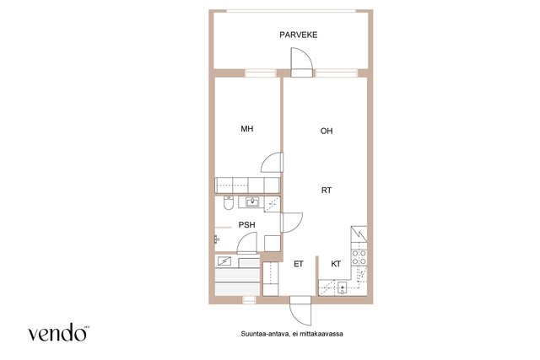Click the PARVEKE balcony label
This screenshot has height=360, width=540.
coord(298,35)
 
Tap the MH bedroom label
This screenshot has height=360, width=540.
coord(247,129)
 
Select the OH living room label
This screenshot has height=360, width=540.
coord(327,131)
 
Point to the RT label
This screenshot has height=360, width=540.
coord(327,190)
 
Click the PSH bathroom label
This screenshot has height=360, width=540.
coord(247,225)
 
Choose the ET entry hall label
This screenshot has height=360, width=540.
coord(298,264)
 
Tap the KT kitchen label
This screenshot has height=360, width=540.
coord(336,264)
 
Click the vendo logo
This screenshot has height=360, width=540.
coord(58,332)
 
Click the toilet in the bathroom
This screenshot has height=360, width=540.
coord(228,202)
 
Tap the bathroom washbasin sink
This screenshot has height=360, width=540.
coord(252,202)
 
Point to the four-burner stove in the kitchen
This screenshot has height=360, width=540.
coord(359,257)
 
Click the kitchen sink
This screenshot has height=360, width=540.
coord(342,287)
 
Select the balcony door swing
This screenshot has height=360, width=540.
coord(302,62)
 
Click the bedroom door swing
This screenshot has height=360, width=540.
coord(272,162)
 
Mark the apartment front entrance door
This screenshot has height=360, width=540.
coord(300,310)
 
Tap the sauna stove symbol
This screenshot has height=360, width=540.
coord(224,261)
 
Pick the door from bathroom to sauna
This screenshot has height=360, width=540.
coord(247,243)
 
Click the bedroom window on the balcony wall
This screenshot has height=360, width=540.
coord(261,73)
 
